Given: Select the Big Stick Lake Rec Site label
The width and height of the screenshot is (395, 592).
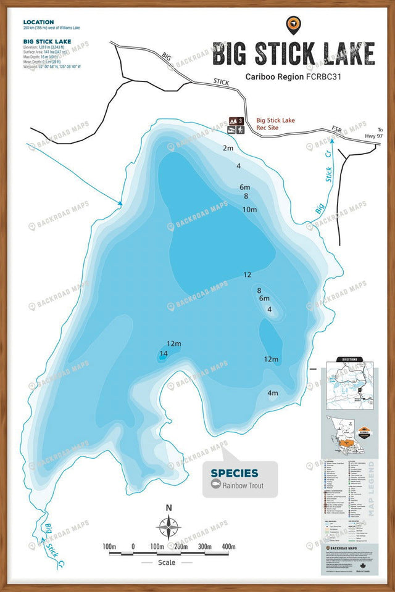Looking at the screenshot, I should point(276,124).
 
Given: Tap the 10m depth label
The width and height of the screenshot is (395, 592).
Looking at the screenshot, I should point(249,210).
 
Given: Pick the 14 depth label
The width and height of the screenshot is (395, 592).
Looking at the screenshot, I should point(164,353).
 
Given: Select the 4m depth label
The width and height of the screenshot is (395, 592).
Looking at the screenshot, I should point(272,393).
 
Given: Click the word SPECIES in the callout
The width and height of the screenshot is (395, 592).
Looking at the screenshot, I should point(235,473).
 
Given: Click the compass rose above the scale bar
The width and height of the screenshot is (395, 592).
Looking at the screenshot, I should point(168,528).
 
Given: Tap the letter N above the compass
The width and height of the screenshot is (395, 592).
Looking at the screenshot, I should point(168,508).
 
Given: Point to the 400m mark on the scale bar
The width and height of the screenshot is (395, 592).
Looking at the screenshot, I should point(228,546).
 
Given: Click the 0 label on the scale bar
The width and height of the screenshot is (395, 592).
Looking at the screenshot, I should point(133,546).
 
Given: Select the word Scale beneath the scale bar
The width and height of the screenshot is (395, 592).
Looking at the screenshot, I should point(166,562).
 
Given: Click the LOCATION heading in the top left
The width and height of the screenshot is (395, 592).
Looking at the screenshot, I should point(38,22).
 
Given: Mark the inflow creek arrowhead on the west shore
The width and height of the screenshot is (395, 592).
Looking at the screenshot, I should point(120,203).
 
